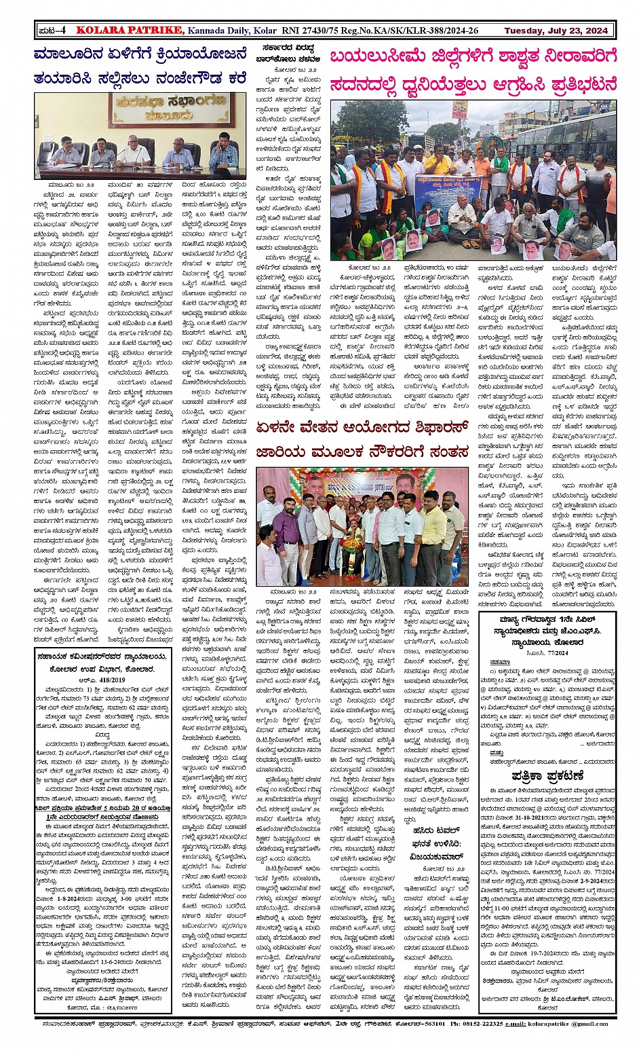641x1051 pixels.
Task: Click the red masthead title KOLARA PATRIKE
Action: [x=129, y=30]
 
